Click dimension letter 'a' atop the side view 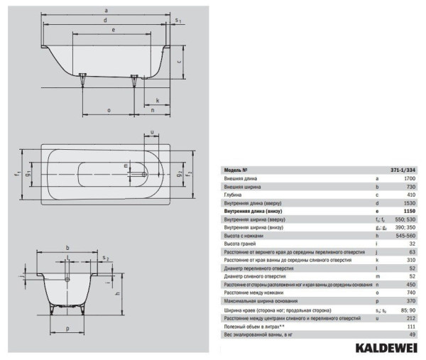click(x=105, y=10)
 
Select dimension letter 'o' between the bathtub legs click(x=109, y=110)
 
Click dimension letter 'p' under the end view click(x=67, y=329)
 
